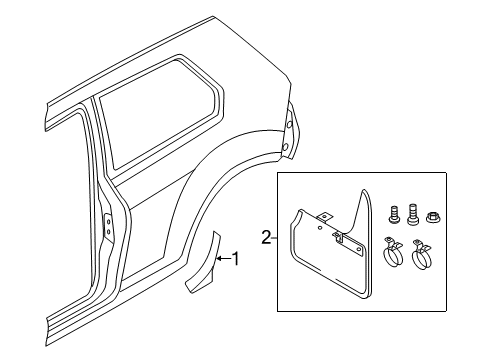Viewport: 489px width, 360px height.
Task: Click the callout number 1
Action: [x=236, y=259]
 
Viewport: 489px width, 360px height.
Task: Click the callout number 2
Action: [x=266, y=238]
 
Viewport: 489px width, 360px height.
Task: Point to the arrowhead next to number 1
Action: [x=220, y=258]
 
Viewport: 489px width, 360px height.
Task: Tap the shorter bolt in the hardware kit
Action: [x=394, y=213]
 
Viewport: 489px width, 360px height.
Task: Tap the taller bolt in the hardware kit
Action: [x=412, y=213]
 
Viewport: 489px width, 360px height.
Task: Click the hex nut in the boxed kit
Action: [x=432, y=219]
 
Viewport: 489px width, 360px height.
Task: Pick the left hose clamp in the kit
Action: [x=393, y=252]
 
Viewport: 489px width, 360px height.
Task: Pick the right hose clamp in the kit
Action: [x=420, y=254]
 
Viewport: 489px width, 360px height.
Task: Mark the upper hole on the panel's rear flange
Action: [x=289, y=125]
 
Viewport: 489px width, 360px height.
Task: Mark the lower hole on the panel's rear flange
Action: [x=285, y=146]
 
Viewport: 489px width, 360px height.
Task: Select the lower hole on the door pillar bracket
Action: [x=108, y=232]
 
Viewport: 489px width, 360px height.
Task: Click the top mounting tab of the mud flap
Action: [x=325, y=217]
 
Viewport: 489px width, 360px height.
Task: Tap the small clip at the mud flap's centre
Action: [x=338, y=237]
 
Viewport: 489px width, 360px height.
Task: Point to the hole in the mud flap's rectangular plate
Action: [x=359, y=249]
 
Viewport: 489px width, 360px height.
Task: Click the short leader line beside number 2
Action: [x=275, y=238]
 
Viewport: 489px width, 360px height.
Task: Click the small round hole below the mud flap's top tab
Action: [x=320, y=228]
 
